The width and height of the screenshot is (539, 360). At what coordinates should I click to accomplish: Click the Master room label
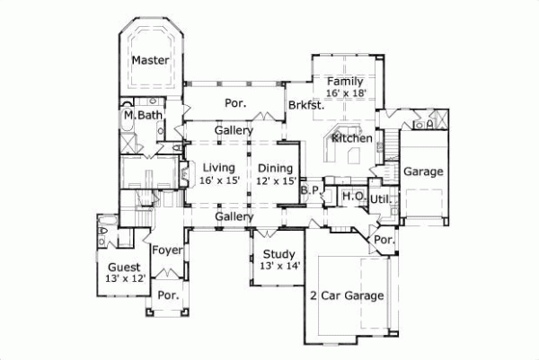point(151,60)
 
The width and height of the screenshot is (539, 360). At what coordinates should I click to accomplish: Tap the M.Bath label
point(142,115)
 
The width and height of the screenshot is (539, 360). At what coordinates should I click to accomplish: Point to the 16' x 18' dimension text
point(346,92)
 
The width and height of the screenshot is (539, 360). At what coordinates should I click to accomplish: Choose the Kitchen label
point(351,138)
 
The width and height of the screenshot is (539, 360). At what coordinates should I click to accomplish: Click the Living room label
point(218,167)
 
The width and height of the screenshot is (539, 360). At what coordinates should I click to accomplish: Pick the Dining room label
point(276,167)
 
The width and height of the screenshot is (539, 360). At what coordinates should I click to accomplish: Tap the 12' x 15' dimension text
point(276,180)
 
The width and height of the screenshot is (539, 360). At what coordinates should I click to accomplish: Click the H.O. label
point(352,196)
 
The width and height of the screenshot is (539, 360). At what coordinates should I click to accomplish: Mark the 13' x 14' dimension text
point(278,266)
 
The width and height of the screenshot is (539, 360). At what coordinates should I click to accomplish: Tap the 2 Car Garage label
point(347,294)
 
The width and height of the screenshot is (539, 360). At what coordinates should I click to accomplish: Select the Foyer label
point(167,250)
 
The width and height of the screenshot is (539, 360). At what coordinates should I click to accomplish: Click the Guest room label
point(123,267)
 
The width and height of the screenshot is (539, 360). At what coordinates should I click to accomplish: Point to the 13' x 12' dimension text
point(123,279)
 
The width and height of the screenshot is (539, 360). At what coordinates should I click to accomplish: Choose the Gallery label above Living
point(233,131)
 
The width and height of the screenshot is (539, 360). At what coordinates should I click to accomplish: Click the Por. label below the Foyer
point(167,294)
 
